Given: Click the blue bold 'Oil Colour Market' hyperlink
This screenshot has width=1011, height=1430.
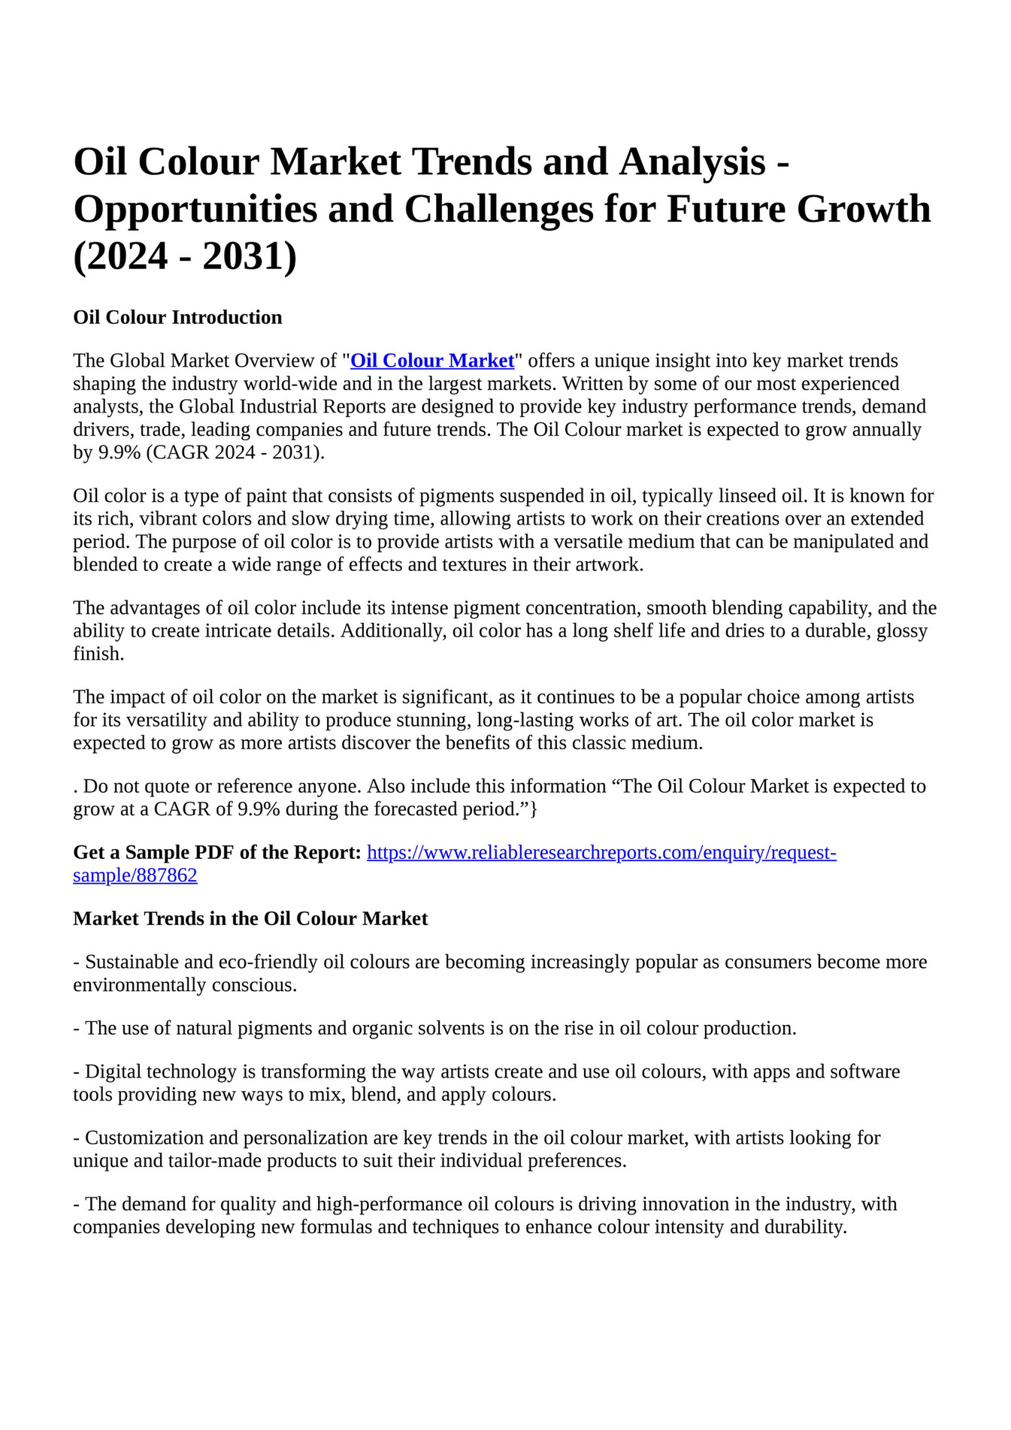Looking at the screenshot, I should (x=432, y=361).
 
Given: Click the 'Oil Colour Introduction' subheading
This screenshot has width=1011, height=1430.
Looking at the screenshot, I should (x=177, y=317).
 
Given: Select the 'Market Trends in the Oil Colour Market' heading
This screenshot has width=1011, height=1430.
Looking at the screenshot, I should (x=250, y=918).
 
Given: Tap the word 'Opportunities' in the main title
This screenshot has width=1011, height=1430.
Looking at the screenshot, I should (x=195, y=209).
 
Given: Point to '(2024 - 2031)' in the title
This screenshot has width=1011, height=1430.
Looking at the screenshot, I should (x=185, y=255).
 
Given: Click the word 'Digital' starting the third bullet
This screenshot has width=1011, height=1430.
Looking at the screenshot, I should (x=114, y=1072).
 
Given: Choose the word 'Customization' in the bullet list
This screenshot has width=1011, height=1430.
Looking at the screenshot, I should (x=145, y=1138).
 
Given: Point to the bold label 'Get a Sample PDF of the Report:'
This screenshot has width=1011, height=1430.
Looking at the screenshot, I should (x=217, y=853).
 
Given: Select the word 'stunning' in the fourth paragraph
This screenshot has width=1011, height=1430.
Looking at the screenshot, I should (x=436, y=720).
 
